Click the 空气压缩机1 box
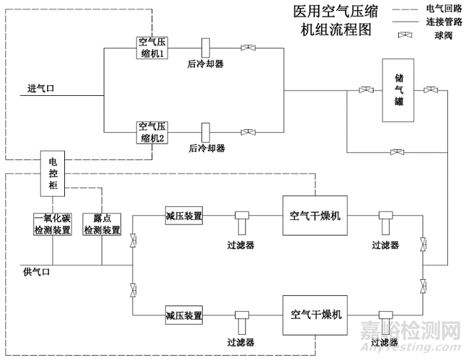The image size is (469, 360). pyautogui.click(x=153, y=48)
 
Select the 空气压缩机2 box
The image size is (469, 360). pyautogui.click(x=153, y=132)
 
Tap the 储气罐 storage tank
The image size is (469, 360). pyautogui.click(x=399, y=90)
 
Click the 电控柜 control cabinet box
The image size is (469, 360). pyautogui.click(x=52, y=174)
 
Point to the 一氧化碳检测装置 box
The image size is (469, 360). pyautogui.click(x=52, y=224)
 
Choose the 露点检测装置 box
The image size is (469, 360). pyautogui.click(x=102, y=224)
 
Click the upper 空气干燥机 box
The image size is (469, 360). pyautogui.click(x=315, y=215)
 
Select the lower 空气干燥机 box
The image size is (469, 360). pyautogui.click(x=315, y=315)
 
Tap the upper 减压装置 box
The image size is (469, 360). pyautogui.click(x=184, y=216)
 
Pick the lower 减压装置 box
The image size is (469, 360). pyautogui.click(x=184, y=316)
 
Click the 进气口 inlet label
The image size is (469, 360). pyautogui.click(x=41, y=88)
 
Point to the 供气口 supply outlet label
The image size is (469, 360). pyautogui.click(x=37, y=272)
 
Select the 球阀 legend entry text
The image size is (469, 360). pyautogui.click(x=437, y=34)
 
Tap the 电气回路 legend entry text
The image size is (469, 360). pyautogui.click(x=442, y=8)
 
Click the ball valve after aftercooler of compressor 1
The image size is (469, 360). pyautogui.click(x=248, y=48)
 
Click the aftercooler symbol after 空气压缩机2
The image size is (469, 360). pyautogui.click(x=206, y=132)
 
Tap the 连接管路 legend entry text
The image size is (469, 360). pyautogui.click(x=442, y=21)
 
